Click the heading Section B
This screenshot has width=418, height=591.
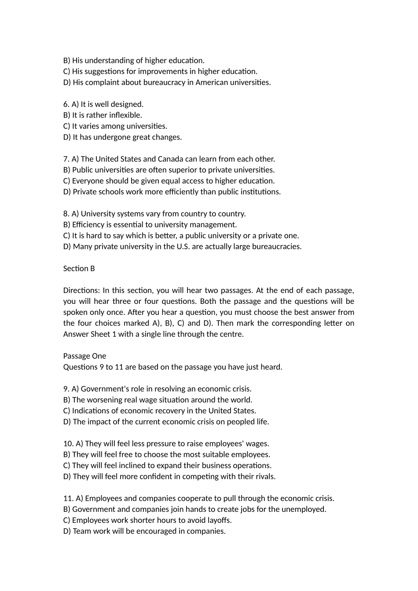pyautogui.click(x=79, y=269)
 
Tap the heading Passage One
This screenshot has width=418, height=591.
pyautogui.click(x=84, y=356)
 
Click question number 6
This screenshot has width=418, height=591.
pyautogui.click(x=66, y=104)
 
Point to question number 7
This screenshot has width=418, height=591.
pyautogui.click(x=66, y=159)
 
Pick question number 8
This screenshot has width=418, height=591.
pyautogui.click(x=66, y=214)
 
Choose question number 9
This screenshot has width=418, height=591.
pyautogui.click(x=66, y=389)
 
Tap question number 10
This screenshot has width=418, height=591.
pyautogui.click(x=68, y=444)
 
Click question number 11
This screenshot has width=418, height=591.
pyautogui.click(x=68, y=499)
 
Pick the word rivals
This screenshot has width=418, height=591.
pyautogui.click(x=264, y=477)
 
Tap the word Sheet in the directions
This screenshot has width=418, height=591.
pyautogui.click(x=103, y=334)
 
